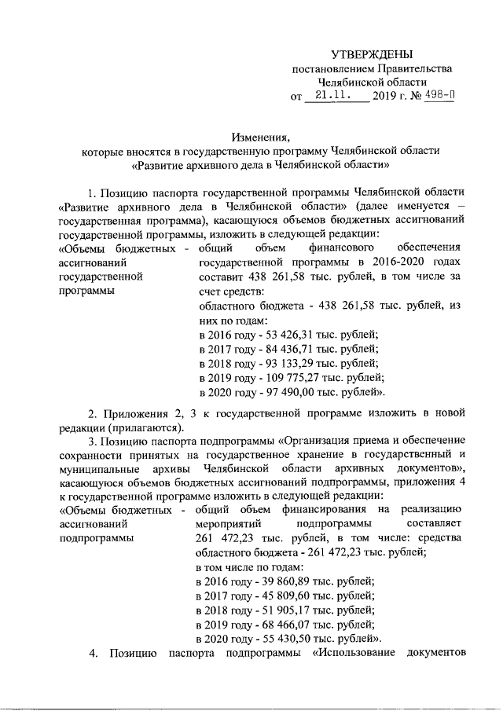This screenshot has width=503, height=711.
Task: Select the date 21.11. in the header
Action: pyautogui.click(x=332, y=95)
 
